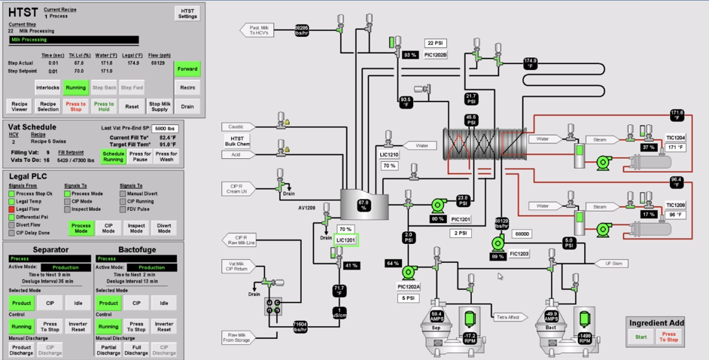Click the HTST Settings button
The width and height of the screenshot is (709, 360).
tap(187, 13)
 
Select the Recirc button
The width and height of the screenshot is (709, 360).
tap(187, 87)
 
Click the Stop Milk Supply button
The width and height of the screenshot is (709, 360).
tap(160, 106)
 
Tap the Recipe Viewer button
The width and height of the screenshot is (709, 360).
tap(20, 106)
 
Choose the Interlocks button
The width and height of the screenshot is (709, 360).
tap(47, 87)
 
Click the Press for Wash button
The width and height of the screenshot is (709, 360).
tap(166, 157)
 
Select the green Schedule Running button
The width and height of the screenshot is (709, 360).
tap(114, 157)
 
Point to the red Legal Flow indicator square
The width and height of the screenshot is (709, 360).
tap(11, 209)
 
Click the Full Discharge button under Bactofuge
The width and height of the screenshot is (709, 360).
tap(136, 350)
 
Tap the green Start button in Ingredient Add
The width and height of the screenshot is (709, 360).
tap(641, 337)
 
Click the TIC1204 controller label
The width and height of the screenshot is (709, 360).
tap(675, 138)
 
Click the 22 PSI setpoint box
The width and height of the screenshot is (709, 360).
tap(436, 43)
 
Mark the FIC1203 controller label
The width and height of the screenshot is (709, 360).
tap(519, 254)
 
